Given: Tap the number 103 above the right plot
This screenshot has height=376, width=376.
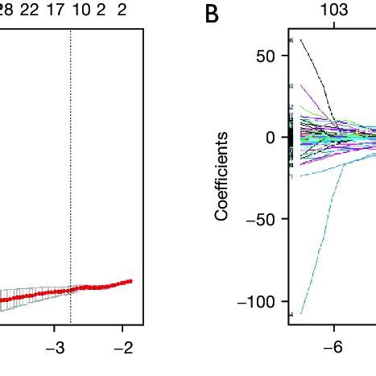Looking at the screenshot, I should point(333,10).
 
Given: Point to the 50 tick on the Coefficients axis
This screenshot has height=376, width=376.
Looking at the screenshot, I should point(267,56).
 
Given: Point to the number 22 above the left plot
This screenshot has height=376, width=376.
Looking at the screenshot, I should point(28,10).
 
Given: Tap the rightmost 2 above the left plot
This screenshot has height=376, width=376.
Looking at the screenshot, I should point(122,10).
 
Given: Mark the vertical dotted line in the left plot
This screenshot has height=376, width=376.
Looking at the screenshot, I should point(71,161).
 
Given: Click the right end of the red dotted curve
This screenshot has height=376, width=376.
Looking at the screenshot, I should point(131,280).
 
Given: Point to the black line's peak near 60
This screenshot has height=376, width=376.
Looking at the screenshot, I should point(301,39).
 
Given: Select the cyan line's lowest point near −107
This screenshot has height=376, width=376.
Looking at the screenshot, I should point(301,312).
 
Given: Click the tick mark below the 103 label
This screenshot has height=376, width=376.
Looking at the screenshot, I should point(333,25).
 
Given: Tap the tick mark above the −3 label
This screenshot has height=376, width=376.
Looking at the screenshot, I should point(54,328).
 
